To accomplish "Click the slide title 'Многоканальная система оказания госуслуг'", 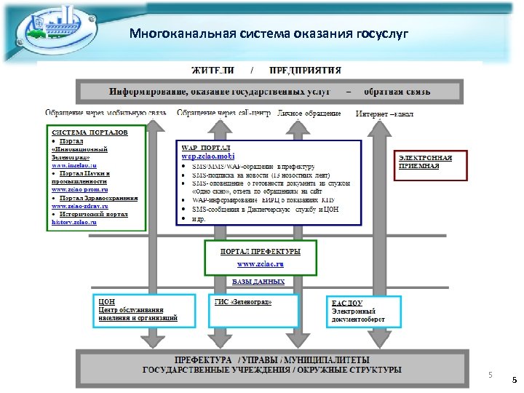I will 269,33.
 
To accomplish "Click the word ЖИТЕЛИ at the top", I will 213,71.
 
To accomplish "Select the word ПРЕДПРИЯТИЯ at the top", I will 305,71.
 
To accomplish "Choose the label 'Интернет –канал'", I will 385,114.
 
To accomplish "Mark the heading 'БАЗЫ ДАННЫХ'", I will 259,282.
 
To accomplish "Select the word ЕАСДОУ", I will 349,302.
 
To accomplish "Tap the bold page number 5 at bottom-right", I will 514,380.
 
